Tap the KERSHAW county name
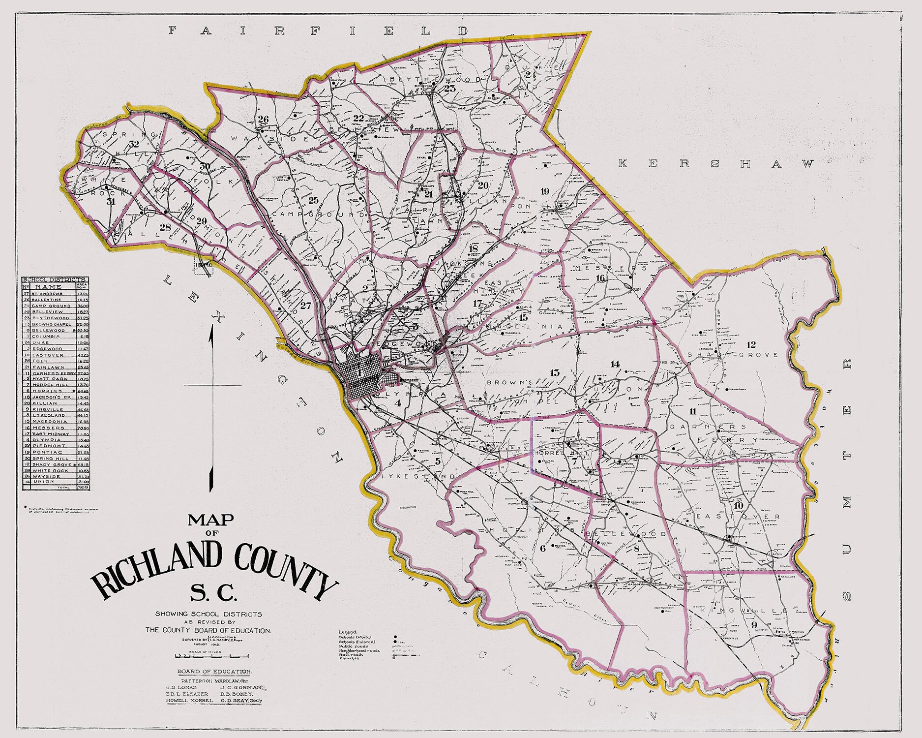pyautogui.click(x=715, y=164)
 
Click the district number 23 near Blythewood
pyautogui.click(x=449, y=89)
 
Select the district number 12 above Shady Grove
pyautogui.click(x=751, y=344)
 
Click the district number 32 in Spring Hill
pyautogui.click(x=133, y=144)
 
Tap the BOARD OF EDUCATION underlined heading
pyautogui.click(x=214, y=672)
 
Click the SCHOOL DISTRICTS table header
pyautogui.click(x=55, y=279)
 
